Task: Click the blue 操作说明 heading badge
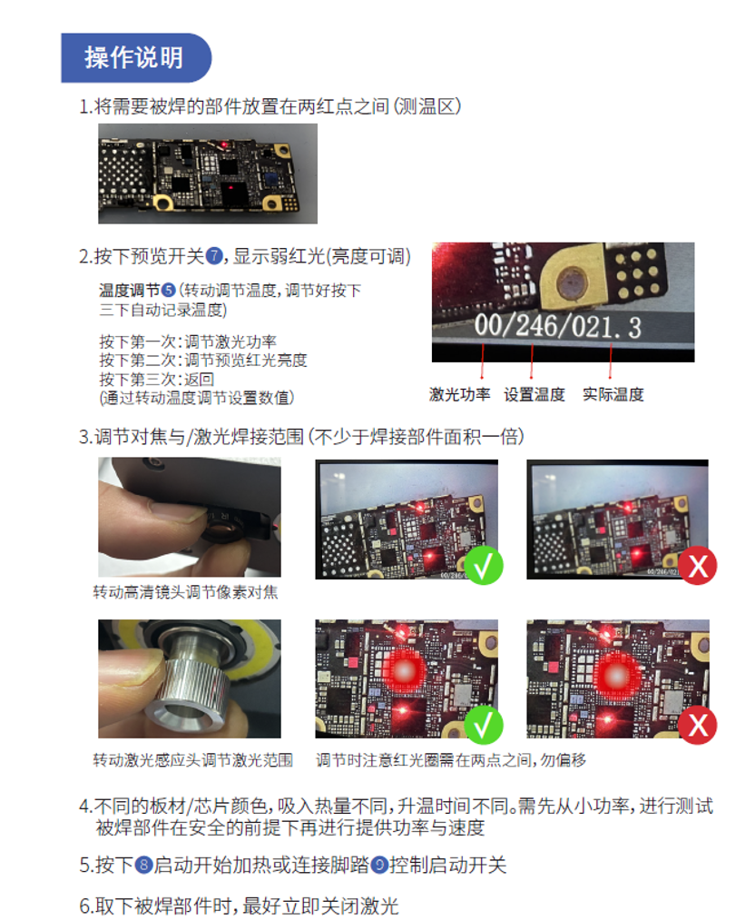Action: click(x=136, y=57)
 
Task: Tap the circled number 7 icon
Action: click(x=214, y=256)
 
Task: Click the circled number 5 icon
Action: click(x=169, y=290)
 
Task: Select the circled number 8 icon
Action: click(x=143, y=866)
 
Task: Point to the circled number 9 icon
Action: click(x=379, y=866)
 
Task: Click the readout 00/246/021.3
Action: click(x=557, y=326)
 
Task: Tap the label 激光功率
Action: click(x=459, y=394)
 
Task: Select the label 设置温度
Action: click(x=534, y=394)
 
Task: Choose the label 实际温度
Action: click(x=613, y=394)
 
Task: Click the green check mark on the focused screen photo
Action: click(x=484, y=566)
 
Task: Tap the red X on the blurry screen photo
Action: click(x=698, y=566)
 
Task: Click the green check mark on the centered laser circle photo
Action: click(x=484, y=726)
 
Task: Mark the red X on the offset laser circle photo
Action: click(x=698, y=726)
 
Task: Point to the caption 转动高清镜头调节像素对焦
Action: click(x=185, y=592)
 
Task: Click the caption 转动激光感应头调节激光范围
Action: click(x=193, y=760)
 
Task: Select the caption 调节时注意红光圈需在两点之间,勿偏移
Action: click(x=451, y=760)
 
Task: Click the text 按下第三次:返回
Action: click(x=157, y=379)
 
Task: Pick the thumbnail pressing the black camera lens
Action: click(x=190, y=518)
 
